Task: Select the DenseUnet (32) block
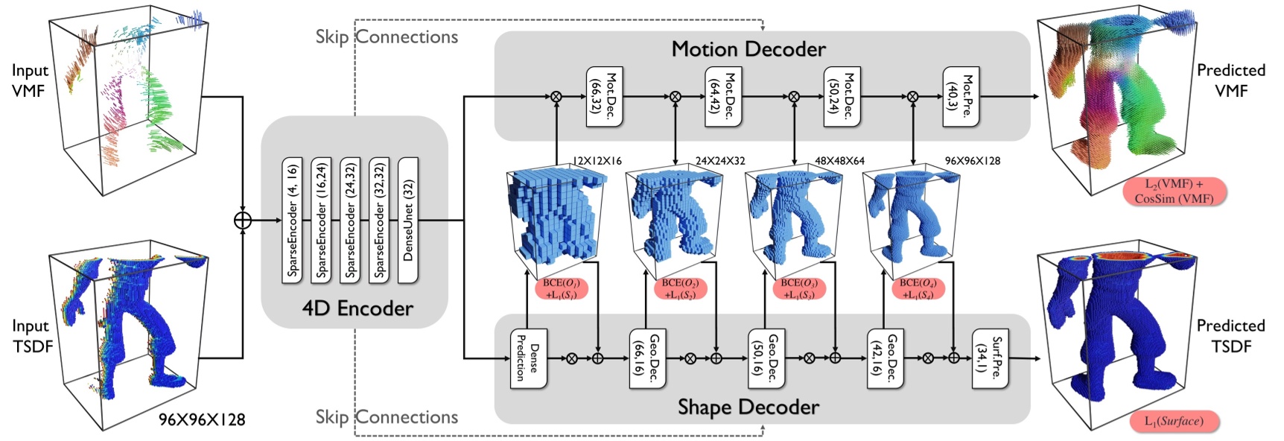[x=408, y=220]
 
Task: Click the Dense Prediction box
[x=528, y=358]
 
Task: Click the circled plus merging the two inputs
[x=243, y=220]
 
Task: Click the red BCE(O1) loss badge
[x=561, y=289]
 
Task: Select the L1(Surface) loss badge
[x=1173, y=421]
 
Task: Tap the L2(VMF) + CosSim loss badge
[x=1174, y=191]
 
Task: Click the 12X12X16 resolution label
[x=596, y=161]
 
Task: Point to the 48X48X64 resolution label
[x=839, y=161]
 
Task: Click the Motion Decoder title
[x=748, y=49]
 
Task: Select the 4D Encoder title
[x=357, y=308]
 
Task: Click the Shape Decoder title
[x=748, y=407]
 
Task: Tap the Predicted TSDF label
[x=1230, y=336]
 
